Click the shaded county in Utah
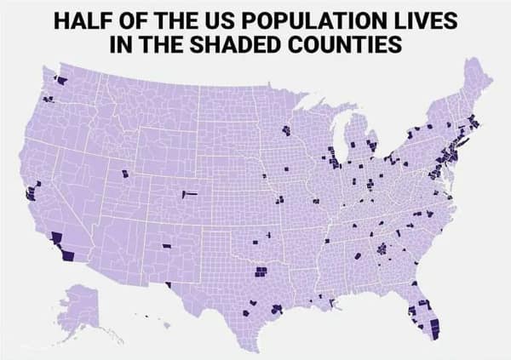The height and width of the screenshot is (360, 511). point(126,174)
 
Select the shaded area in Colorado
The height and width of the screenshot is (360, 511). point(189,194)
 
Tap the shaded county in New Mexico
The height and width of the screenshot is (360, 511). point(166,246)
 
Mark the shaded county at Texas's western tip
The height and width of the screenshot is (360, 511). point(169,285)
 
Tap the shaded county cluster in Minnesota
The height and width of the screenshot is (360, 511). point(285,131)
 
